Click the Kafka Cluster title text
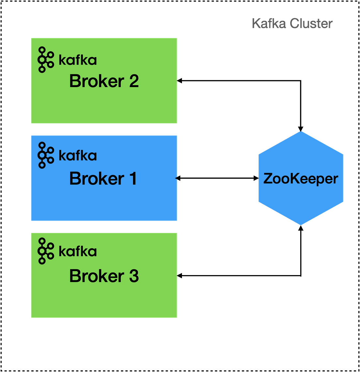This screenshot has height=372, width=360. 292,23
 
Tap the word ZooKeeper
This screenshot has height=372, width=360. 300,179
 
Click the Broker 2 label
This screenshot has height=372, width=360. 104,81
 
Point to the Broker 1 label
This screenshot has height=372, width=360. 103,179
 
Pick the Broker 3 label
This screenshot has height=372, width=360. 104,276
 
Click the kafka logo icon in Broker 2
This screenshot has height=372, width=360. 46,60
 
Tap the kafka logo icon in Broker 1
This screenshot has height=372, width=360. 46,155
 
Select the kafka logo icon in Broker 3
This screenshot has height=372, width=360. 46,251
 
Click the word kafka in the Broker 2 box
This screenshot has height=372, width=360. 78,60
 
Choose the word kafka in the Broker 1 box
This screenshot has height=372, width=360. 78,156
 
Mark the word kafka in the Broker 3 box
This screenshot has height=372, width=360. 78,251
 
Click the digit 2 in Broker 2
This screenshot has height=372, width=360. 134,81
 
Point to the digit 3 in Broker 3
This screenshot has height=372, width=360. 134,276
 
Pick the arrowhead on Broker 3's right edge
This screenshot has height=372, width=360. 177,276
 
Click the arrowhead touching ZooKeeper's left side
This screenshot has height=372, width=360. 257,178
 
